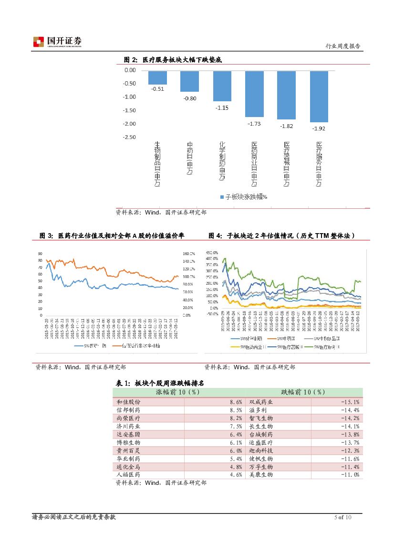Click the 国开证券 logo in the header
tap(57, 42)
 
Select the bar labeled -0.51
tap(157, 77)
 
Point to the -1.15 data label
tap(222, 107)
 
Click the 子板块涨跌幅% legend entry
tap(243, 196)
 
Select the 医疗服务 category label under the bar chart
tap(319, 163)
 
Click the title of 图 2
tap(173, 60)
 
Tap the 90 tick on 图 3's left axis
tap(40, 253)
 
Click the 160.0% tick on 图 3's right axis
tap(188, 253)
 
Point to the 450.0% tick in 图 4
tap(211, 252)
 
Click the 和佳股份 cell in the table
tap(128, 402)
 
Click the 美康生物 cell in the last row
tap(261, 474)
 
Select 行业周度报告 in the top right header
tap(342, 46)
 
